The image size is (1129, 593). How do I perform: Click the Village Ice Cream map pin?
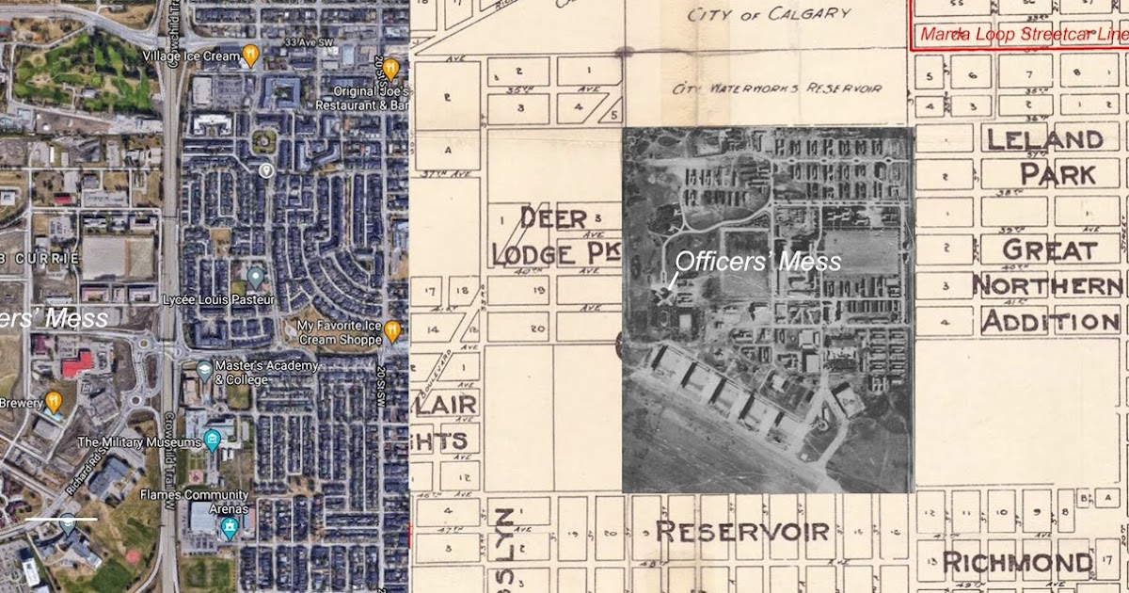pyautogui.click(x=250, y=55)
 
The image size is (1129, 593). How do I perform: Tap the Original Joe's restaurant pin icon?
pyautogui.click(x=390, y=70)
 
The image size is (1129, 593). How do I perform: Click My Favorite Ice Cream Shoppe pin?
pyautogui.click(x=392, y=330)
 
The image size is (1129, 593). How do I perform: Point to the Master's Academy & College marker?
pyautogui.click(x=205, y=368)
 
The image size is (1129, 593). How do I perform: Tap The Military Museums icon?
pyautogui.click(x=213, y=439)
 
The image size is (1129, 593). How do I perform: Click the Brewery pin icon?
pyautogui.click(x=55, y=402)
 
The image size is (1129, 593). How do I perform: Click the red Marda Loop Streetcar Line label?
pyautogui.click(x=1021, y=35)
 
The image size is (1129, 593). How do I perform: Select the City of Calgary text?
pyautogui.click(x=769, y=14)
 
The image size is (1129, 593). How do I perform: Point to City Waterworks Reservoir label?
pyautogui.click(x=777, y=88)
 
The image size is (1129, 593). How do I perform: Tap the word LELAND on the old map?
pyautogui.click(x=1044, y=140)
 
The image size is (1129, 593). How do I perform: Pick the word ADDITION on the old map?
pyautogui.click(x=1050, y=322)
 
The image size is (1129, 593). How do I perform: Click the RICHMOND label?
pyautogui.click(x=1016, y=564)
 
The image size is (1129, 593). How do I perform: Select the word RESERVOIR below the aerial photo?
pyautogui.click(x=742, y=531)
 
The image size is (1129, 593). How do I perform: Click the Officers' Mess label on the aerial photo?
pyautogui.click(x=758, y=262)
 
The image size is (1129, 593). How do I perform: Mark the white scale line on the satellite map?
pyautogui.click(x=61, y=518)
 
